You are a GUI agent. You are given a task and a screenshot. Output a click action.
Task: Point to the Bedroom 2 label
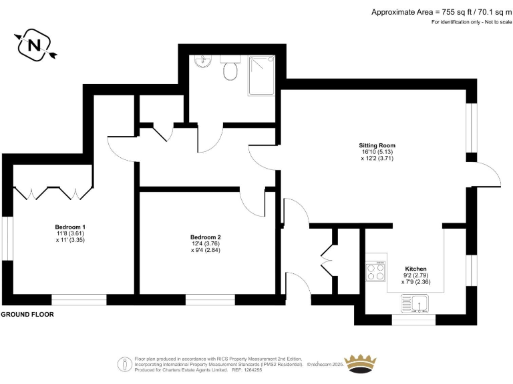pos(205,237)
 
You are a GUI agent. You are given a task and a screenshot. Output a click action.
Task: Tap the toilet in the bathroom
pos(230,69)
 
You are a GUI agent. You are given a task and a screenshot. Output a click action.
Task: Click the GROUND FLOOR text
pos(27,314)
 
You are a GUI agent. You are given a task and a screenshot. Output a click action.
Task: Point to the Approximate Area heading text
pos(441,11)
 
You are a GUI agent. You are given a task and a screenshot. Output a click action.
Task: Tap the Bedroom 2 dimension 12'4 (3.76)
pos(205,244)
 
